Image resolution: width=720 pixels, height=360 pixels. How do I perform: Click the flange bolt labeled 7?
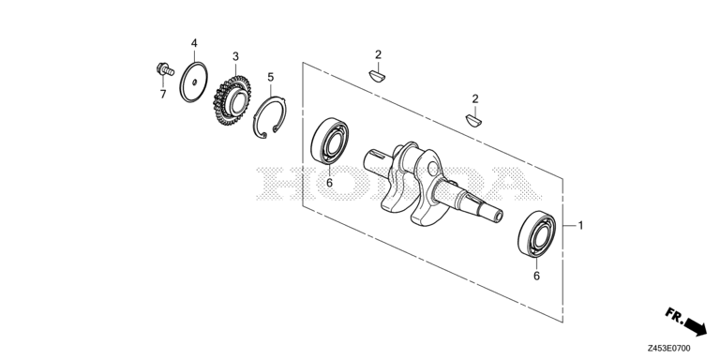tap(165, 69)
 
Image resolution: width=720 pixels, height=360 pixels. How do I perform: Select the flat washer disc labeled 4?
tap(193, 82)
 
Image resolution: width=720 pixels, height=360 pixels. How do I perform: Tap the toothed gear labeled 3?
tap(232, 100)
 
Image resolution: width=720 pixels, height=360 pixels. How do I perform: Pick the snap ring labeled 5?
tap(270, 117)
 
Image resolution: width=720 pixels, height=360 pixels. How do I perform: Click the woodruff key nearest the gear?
tap(378, 76)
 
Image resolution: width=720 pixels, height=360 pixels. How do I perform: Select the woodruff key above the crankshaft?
tap(473, 121)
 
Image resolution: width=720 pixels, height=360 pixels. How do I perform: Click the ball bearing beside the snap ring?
tap(329, 141)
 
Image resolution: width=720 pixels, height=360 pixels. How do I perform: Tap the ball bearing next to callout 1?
tap(536, 233)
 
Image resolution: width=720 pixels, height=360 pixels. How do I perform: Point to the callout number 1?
tap(580, 225)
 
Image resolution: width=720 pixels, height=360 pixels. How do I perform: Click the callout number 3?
tap(235, 56)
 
